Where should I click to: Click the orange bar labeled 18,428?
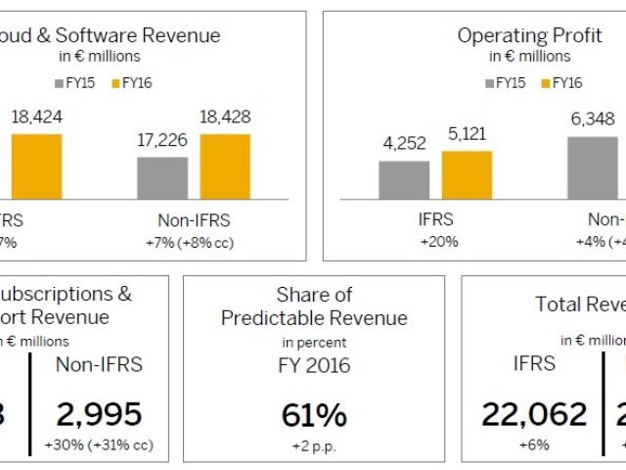225,166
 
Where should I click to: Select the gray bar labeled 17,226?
162,177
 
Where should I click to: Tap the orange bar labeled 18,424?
36,166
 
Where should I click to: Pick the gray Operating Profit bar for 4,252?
404,180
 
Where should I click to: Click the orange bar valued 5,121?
467,175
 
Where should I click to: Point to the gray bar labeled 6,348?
593,167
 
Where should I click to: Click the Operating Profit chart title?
515,36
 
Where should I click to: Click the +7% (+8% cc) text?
194,241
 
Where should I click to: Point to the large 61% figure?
314,415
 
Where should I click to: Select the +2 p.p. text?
314,446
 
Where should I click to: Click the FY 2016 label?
314,366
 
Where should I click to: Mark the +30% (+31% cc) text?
98,446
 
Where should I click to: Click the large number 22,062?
534,415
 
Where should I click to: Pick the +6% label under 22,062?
534,446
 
